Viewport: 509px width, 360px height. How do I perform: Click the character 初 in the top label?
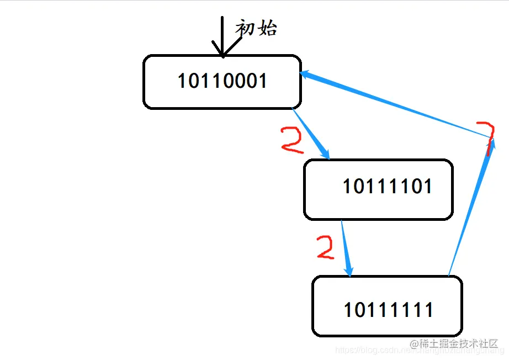tap(246, 27)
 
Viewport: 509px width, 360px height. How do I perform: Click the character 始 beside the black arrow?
tap(267, 27)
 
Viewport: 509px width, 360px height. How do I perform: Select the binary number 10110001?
tap(222, 81)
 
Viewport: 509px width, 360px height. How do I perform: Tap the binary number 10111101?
tap(387, 186)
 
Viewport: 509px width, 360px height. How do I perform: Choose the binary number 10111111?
tap(388, 310)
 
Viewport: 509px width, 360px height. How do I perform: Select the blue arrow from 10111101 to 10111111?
tap(346, 248)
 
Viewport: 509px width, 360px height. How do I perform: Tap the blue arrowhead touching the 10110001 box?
tap(306, 75)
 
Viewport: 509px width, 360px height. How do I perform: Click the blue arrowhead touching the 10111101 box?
tap(326, 155)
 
